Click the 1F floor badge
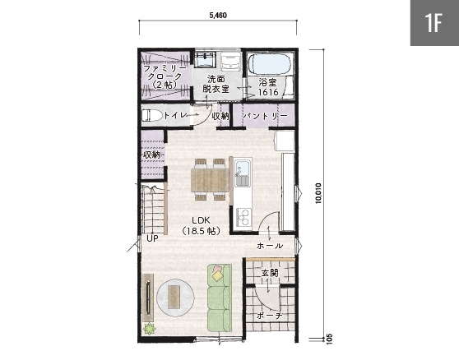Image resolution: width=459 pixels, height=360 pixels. [434, 23]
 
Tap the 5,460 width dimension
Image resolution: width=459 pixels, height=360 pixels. [218, 16]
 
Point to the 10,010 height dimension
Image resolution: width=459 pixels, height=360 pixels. [318, 193]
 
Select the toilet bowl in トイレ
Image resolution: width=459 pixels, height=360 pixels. [152, 116]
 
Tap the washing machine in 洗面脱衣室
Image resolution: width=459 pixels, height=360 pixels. [230, 61]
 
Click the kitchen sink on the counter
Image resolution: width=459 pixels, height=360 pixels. [243, 173]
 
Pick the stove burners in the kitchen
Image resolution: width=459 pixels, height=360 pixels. [243, 217]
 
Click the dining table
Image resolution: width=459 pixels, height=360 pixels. [210, 180]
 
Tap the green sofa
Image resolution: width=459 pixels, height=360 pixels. [220, 298]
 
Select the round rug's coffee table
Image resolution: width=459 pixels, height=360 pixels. [174, 297]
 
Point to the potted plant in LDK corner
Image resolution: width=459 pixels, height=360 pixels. [149, 329]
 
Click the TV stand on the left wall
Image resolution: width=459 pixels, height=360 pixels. [148, 298]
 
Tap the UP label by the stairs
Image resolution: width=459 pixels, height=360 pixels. [152, 238]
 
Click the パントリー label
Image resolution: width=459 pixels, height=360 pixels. [265, 116]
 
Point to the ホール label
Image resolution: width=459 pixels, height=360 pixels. [270, 246]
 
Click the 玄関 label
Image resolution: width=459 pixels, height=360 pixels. [270, 273]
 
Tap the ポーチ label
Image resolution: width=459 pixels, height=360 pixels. [270, 316]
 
